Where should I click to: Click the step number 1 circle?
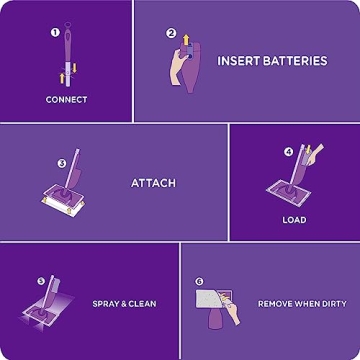[55, 32]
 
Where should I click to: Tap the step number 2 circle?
[171, 33]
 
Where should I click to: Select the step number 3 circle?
[61, 163]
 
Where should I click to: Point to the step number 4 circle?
[289, 152]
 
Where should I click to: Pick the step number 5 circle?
[41, 281]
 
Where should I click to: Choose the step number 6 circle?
[199, 282]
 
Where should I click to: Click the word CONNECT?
[66, 100]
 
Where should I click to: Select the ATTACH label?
[153, 183]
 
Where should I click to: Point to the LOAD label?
[294, 220]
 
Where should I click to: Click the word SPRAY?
[107, 303]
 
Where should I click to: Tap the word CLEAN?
[143, 303]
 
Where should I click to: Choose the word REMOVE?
[277, 303]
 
